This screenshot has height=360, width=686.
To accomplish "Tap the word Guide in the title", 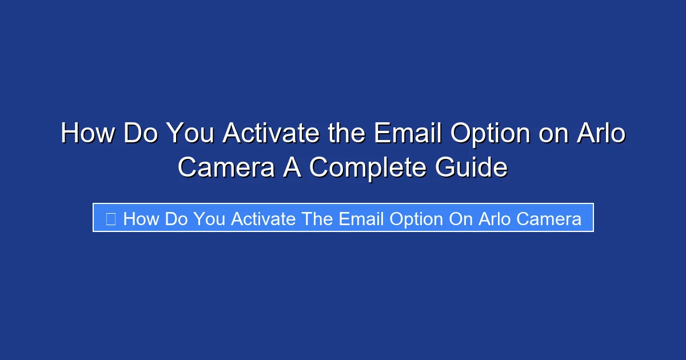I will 471,167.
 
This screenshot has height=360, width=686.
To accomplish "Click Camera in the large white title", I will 226,167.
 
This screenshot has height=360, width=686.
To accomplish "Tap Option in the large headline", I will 491,134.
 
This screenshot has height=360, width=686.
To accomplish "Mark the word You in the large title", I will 190,134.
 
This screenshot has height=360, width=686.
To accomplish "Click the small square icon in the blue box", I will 111,219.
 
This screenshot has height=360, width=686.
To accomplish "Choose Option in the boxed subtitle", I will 419,219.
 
